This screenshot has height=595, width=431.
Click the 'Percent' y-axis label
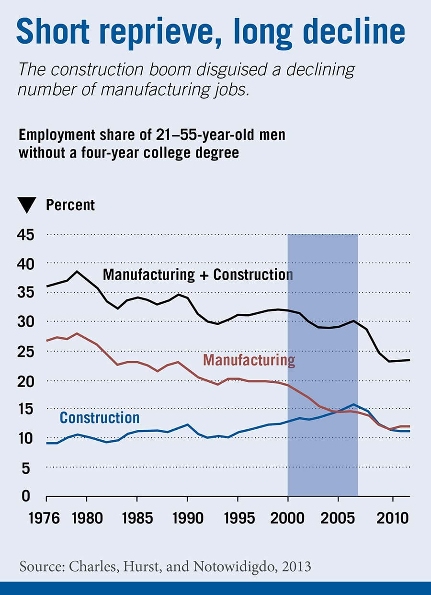(x=70, y=205)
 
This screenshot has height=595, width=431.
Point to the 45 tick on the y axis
(x=27, y=235)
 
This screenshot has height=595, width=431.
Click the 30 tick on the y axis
(x=27, y=321)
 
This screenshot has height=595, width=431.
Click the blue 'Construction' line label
(x=100, y=418)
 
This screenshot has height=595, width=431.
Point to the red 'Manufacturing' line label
(x=249, y=360)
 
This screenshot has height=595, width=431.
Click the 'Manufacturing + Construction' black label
(x=198, y=275)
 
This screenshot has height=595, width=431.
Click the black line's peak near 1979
(x=77, y=271)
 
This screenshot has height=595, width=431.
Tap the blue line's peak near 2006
(x=353, y=404)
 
